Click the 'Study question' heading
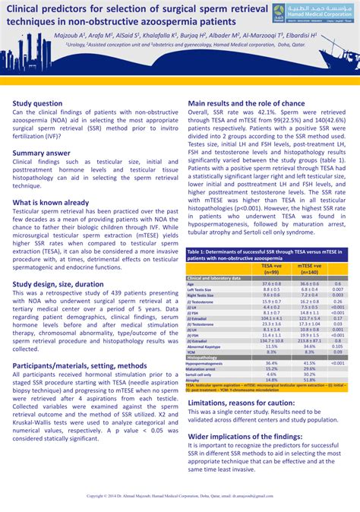(x=37, y=103)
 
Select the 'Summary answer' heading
(x=41, y=153)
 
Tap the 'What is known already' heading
(x=50, y=203)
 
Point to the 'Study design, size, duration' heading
(x=58, y=283)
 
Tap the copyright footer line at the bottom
(x=180, y=495)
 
